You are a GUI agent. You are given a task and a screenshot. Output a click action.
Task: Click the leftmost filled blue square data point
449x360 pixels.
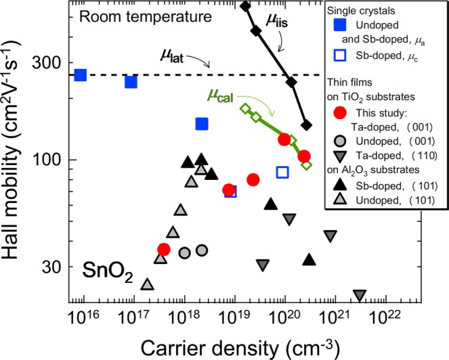pos(80,75)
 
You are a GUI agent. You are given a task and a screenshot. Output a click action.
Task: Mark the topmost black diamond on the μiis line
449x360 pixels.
pos(245,6)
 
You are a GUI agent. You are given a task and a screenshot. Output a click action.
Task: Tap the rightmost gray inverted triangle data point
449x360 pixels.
pos(360,296)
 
